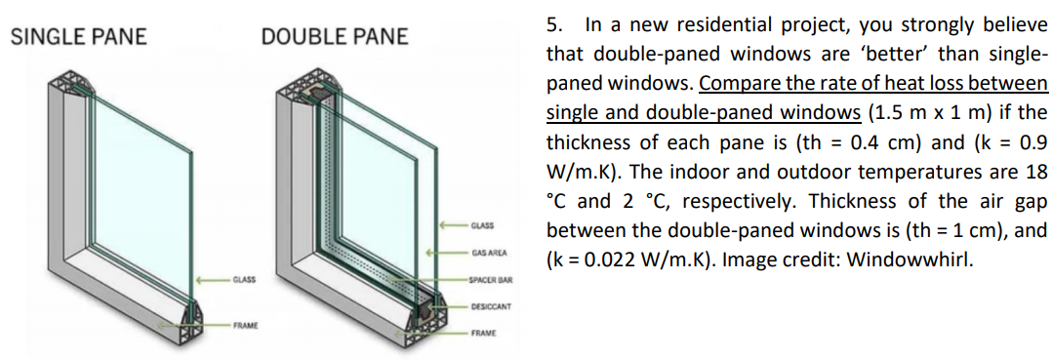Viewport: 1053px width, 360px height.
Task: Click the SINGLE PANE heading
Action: (x=78, y=37)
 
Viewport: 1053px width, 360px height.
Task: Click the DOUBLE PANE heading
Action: (x=335, y=37)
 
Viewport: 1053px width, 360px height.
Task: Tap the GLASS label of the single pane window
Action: (x=244, y=280)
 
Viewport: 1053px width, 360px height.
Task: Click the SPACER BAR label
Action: (x=491, y=281)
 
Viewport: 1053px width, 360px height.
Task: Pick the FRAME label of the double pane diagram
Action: (x=485, y=333)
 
